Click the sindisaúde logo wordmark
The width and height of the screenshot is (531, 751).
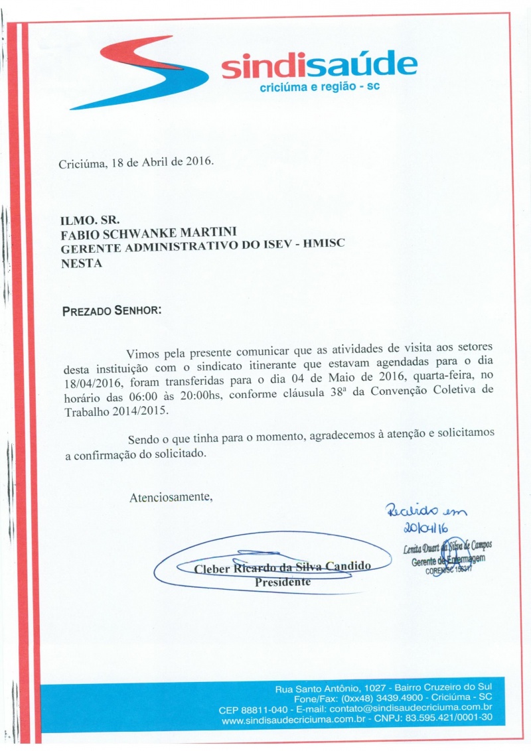[319, 67]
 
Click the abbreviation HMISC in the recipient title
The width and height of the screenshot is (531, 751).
[323, 247]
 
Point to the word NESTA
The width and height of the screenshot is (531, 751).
[81, 262]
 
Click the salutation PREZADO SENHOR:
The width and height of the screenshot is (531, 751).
[111, 310]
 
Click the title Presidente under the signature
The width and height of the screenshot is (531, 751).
[283, 582]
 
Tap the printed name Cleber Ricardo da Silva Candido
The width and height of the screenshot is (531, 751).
[282, 569]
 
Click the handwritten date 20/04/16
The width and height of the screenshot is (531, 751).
[425, 527]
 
